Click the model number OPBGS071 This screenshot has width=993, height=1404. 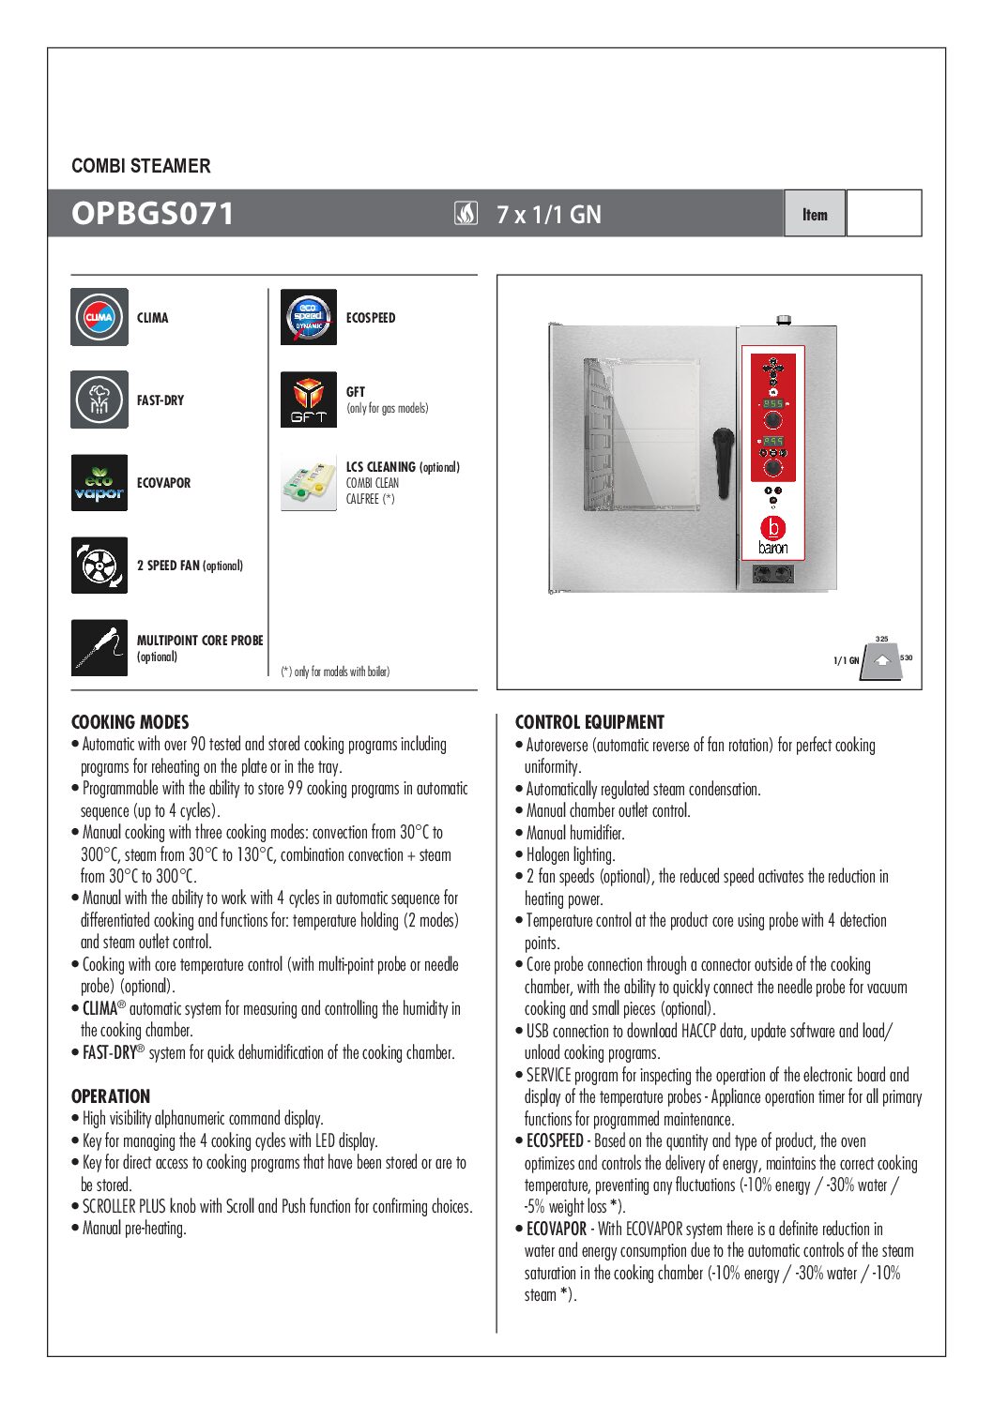pyautogui.click(x=152, y=213)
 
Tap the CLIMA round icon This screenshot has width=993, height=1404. pyautogui.click(x=99, y=317)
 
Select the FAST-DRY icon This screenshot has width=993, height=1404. pyautogui.click(x=99, y=400)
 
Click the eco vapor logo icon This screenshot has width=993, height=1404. pyautogui.click(x=99, y=482)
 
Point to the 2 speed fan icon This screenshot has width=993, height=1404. pyautogui.click(x=99, y=565)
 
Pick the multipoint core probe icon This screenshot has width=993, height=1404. pyautogui.click(x=99, y=647)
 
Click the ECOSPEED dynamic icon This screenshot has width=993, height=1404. pyautogui.click(x=309, y=317)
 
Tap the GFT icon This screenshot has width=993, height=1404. pyautogui.click(x=309, y=400)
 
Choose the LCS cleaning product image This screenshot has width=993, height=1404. pyautogui.click(x=309, y=482)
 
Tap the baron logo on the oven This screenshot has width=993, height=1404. pyautogui.click(x=773, y=536)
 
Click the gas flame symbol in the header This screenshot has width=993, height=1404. pyautogui.click(x=466, y=214)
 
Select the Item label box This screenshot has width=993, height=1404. pyautogui.click(x=815, y=214)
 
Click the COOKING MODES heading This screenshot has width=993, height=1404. pyautogui.click(x=130, y=722)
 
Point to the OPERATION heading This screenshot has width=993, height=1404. pyautogui.click(x=111, y=1096)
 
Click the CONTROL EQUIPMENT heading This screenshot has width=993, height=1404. pyautogui.click(x=589, y=722)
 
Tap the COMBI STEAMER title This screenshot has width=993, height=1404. pyautogui.click(x=141, y=166)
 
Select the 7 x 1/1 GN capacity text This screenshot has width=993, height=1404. pyautogui.click(x=549, y=214)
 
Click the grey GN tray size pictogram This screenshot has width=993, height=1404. pyautogui.click(x=881, y=660)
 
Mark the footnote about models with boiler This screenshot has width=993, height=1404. pyautogui.click(x=335, y=672)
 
